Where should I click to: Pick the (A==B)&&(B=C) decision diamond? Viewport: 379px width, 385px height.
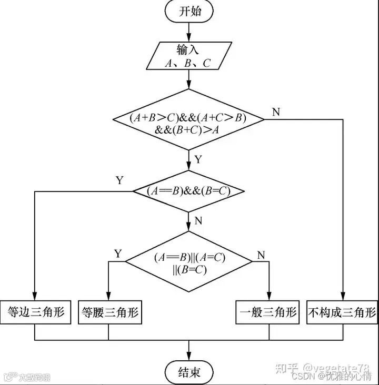(188, 191)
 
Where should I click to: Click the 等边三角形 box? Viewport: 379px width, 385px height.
(35, 312)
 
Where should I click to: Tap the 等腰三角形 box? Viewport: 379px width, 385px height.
(109, 312)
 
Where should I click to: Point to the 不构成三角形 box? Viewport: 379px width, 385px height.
(342, 312)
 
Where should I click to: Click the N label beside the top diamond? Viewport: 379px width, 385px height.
(276, 112)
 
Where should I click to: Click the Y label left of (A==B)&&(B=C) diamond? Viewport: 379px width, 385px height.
(119, 180)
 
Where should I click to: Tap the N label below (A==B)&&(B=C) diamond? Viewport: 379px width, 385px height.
(198, 221)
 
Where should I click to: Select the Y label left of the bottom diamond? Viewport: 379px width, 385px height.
(117, 255)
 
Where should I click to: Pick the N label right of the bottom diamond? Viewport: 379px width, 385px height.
(261, 256)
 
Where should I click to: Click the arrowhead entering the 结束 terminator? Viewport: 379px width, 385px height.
(189, 358)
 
